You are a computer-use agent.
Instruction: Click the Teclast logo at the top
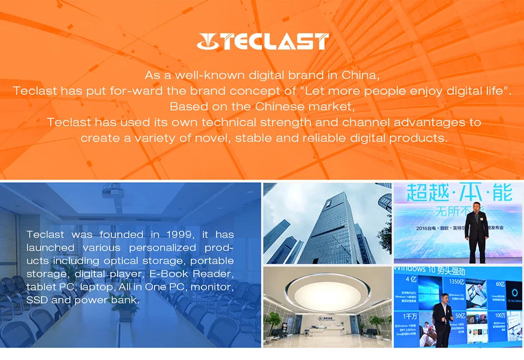pos(263,41)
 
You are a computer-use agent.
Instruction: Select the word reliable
pos(344,138)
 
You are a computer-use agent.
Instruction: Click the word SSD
pos(37,300)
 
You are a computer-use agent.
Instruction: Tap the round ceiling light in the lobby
pos(327,295)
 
